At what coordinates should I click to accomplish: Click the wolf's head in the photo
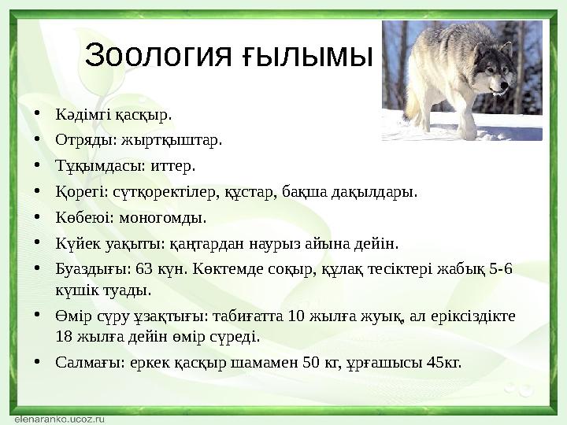click(496, 72)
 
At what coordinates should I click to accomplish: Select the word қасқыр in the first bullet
click(144, 116)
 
